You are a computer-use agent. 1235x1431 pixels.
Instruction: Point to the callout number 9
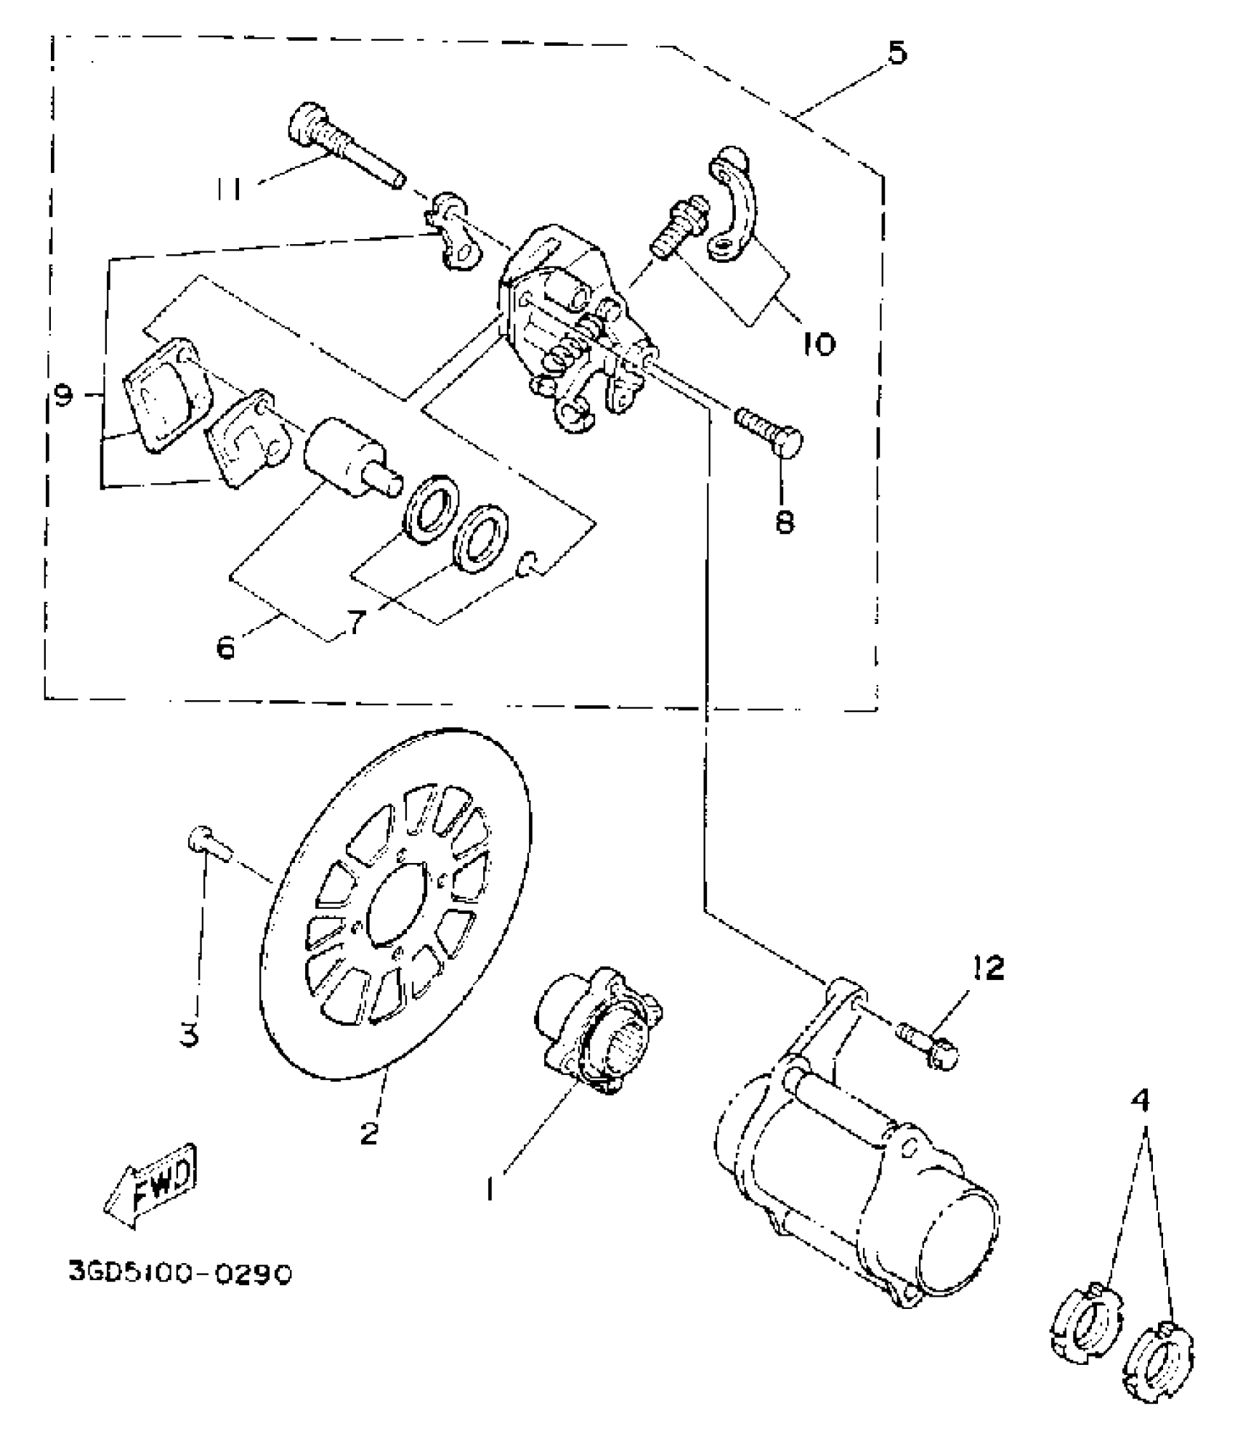[x=64, y=395]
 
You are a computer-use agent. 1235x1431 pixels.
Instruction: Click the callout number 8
[x=785, y=520]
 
